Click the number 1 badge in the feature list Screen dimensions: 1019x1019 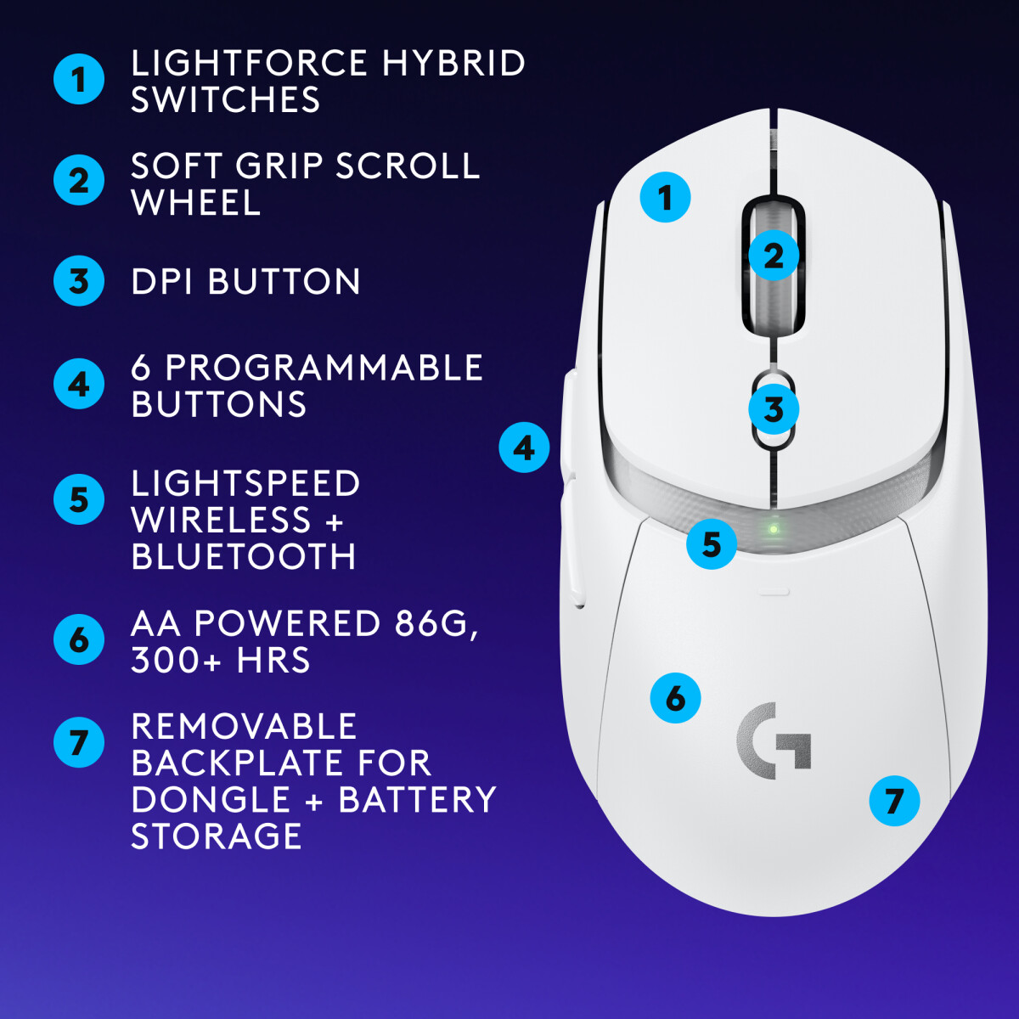point(79,80)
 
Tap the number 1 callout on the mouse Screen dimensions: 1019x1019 point(665,198)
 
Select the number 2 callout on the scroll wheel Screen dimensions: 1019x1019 point(774,256)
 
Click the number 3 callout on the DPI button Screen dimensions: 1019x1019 point(773,410)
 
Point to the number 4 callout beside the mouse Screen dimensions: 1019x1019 point(524,448)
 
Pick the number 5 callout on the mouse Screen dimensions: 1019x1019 point(712,544)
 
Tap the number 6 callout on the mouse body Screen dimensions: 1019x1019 point(675,699)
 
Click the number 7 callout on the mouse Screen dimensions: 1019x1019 point(894,801)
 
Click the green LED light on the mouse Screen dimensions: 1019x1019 point(773,528)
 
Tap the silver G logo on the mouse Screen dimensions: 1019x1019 point(774,741)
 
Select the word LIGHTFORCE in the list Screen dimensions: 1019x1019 point(250,64)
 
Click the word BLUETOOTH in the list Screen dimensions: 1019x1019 point(244,557)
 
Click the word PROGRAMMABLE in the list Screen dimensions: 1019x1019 point(324,368)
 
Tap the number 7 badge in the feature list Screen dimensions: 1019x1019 point(79,743)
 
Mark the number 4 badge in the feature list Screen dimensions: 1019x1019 point(79,385)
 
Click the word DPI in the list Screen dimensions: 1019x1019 point(162,282)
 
